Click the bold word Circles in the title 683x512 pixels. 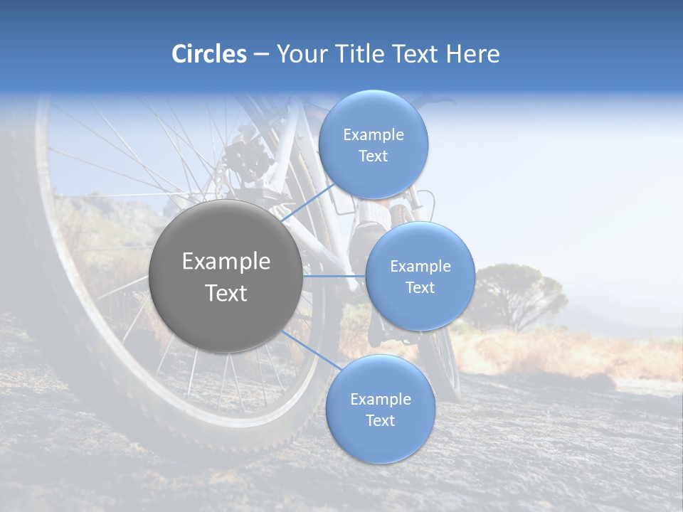208,54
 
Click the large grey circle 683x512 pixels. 226,276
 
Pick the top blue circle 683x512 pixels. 373,145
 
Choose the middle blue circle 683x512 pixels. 420,276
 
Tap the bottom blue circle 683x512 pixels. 380,409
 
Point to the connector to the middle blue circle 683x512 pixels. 334,276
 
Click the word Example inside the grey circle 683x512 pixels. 226,262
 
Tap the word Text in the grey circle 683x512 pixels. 226,293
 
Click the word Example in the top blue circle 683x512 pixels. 373,135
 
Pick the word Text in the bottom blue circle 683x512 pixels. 380,421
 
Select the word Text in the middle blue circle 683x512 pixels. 420,287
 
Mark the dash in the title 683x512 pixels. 260,55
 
